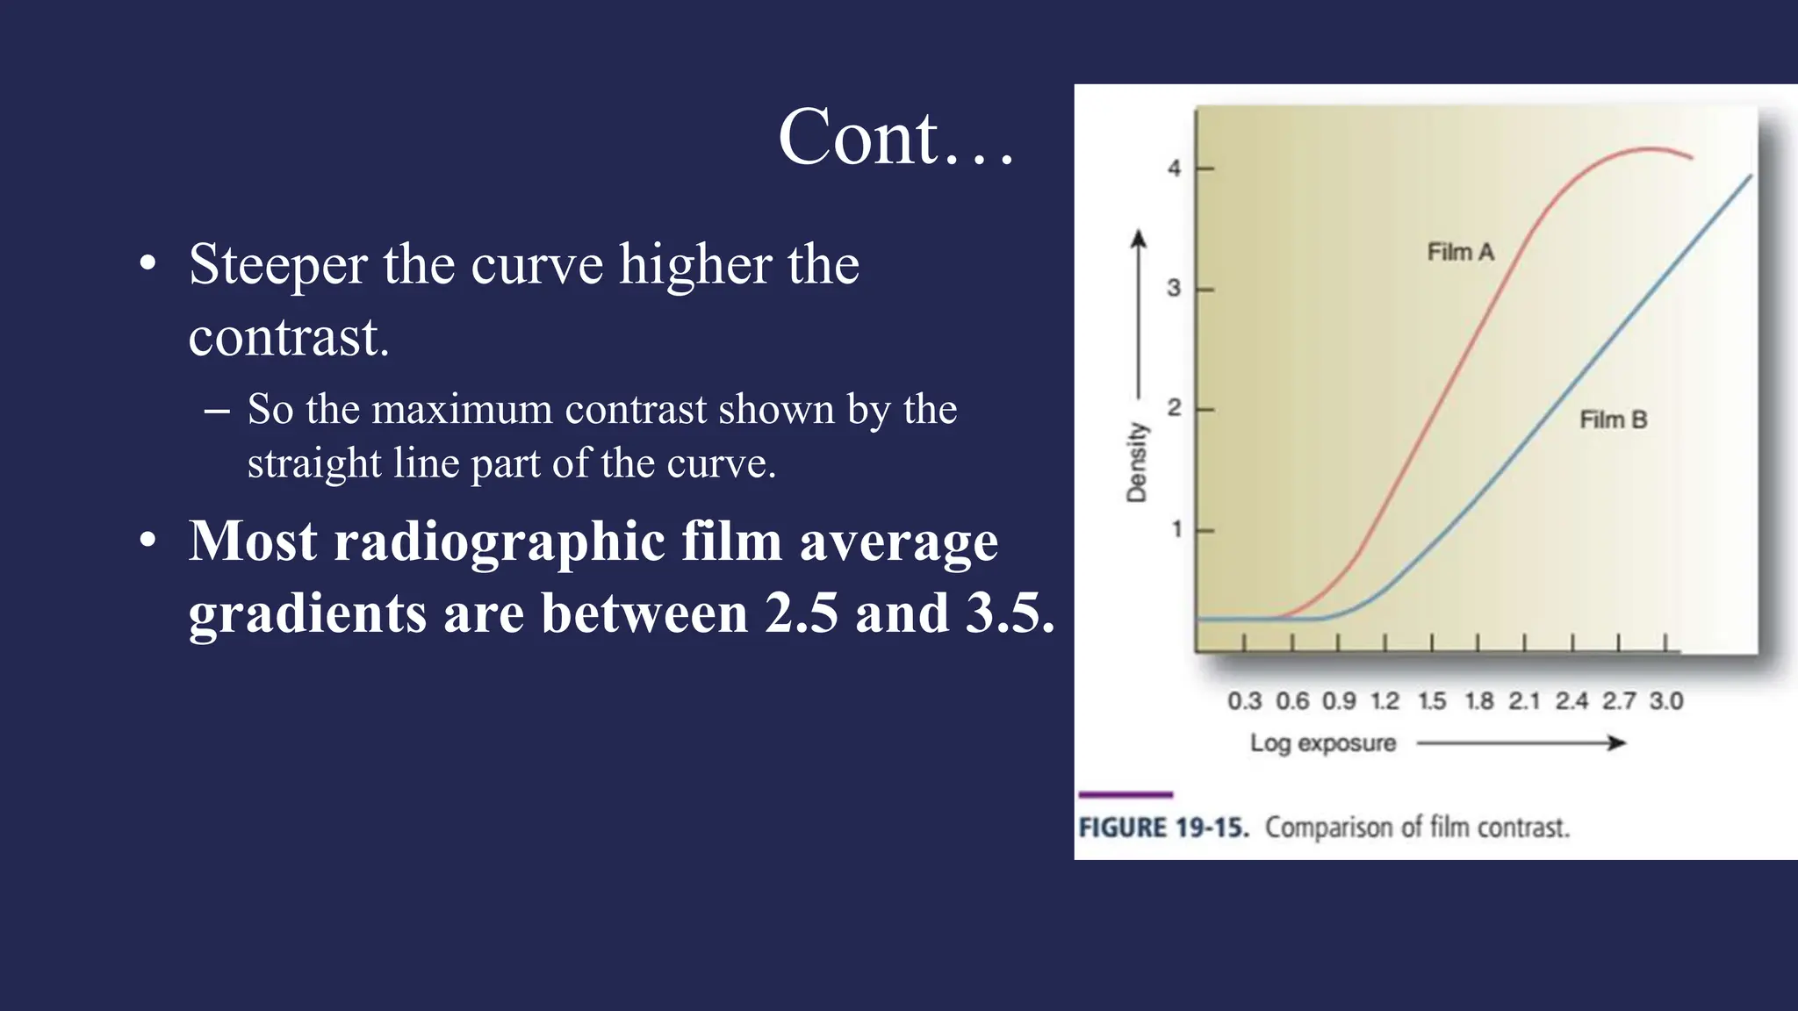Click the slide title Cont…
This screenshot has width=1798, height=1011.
895,138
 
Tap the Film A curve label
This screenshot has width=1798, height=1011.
1460,253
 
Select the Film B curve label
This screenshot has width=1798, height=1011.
1613,420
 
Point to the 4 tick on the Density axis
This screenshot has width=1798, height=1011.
1175,168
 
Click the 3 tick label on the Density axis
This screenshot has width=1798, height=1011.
1174,289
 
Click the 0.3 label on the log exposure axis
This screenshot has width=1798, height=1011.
1244,701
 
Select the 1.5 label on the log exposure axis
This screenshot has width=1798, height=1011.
1432,701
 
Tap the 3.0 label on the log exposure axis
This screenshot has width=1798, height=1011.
1665,701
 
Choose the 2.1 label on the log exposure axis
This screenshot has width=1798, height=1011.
1524,701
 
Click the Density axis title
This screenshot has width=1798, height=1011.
1137,462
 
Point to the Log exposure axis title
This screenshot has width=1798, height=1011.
1322,743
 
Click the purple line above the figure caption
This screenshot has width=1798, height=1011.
1126,795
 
